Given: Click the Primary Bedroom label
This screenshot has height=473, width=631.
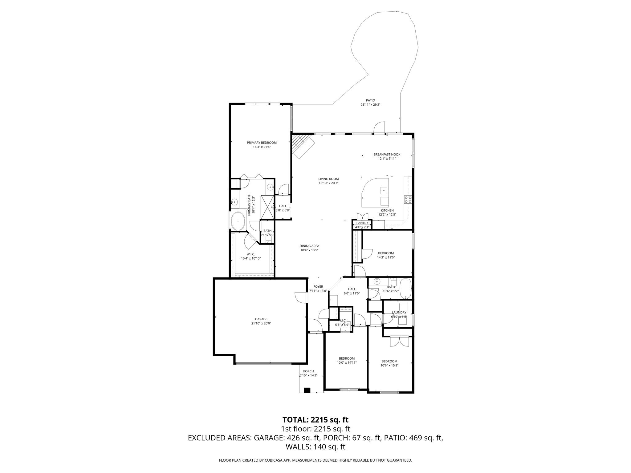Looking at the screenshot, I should point(262,143).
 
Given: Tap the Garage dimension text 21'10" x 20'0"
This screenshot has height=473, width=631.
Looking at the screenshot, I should point(261,323).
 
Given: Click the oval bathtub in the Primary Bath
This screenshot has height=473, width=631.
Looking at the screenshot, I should point(238,221).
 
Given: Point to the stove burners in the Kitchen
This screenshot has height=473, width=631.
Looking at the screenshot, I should point(408,199).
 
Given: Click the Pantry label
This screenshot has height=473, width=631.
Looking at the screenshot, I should point(362,223).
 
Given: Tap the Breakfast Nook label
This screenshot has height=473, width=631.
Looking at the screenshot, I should point(387,154).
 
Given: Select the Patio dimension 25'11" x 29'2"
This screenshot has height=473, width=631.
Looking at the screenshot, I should point(370,105).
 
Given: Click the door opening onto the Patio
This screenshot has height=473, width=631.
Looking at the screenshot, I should point(379,129).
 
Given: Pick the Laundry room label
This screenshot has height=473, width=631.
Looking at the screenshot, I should point(399,312).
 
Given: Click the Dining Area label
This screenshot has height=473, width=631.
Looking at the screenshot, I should point(309,246).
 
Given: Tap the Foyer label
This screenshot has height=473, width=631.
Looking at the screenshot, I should point(318,286).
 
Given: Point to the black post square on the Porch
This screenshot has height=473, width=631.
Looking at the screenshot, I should point(307,390).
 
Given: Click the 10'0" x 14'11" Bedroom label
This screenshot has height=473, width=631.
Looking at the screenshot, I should point(347,358).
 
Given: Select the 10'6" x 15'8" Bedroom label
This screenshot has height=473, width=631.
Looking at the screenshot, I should point(389,361).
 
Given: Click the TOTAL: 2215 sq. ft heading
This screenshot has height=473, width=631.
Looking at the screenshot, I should point(315,420).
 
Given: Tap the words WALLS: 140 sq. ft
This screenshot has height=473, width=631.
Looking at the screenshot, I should point(315,447).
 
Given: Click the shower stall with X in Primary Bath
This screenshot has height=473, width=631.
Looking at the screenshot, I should point(267,207).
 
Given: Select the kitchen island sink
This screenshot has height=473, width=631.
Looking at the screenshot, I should point(384,190).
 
